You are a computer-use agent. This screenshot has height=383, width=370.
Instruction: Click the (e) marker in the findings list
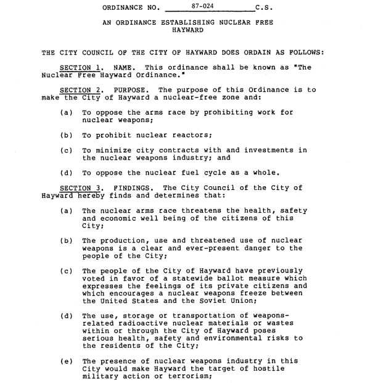[x=67, y=361]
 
